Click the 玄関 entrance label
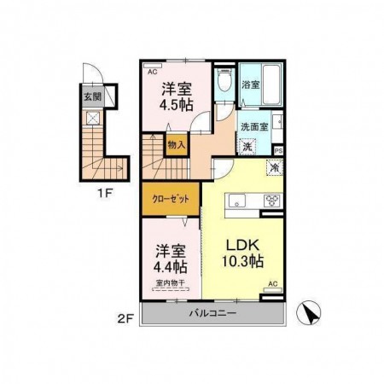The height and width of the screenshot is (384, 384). pos(91,97)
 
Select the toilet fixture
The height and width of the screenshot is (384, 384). pos(224,83)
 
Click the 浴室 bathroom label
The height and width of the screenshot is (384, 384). pos(253,85)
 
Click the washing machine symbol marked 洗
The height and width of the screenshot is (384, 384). pos(246,146)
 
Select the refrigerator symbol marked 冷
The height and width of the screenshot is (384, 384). pos(275,166)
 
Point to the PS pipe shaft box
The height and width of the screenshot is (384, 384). pos(278,146)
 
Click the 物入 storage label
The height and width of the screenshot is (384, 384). pos(176,145)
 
